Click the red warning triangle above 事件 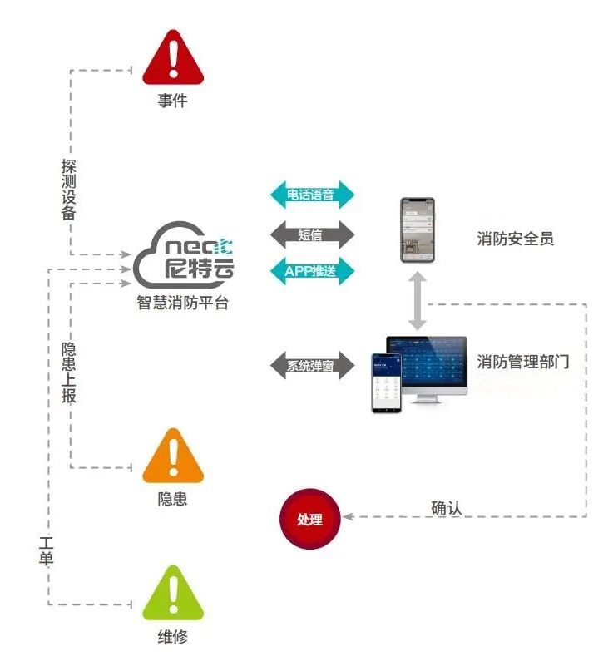pyautogui.click(x=173, y=58)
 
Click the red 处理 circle pyautogui.click(x=309, y=519)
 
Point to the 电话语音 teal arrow pyautogui.click(x=313, y=195)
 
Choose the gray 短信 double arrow pyautogui.click(x=313, y=234)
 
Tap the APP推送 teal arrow pyautogui.click(x=313, y=270)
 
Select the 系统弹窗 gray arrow pyautogui.click(x=313, y=365)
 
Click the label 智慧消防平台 pyautogui.click(x=183, y=303)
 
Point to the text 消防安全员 pyautogui.click(x=516, y=239)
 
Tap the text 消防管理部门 pyautogui.click(x=523, y=363)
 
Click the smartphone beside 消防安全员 pyautogui.click(x=417, y=229)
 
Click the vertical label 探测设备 pyautogui.click(x=69, y=190)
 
